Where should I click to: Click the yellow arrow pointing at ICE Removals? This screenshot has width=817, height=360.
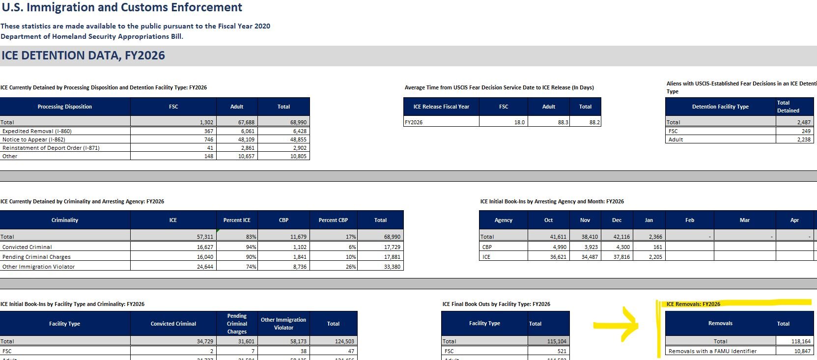coord(617,325)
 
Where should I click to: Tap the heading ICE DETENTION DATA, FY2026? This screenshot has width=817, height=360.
coord(83,55)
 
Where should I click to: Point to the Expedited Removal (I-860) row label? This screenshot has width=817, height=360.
coord(37,131)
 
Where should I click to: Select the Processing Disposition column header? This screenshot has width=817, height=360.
coord(65,107)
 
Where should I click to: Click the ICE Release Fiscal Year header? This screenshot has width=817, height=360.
coord(441,107)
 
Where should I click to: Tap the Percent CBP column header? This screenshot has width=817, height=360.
coord(333,220)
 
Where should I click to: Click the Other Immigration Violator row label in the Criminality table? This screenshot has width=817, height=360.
coord(39,267)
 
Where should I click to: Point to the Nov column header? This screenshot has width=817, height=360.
coord(585,220)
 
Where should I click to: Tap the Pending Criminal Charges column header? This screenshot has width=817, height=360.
coord(237,324)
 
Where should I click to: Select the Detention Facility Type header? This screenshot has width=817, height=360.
coord(720,107)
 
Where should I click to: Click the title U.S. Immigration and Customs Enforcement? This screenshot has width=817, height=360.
coord(122,7)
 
